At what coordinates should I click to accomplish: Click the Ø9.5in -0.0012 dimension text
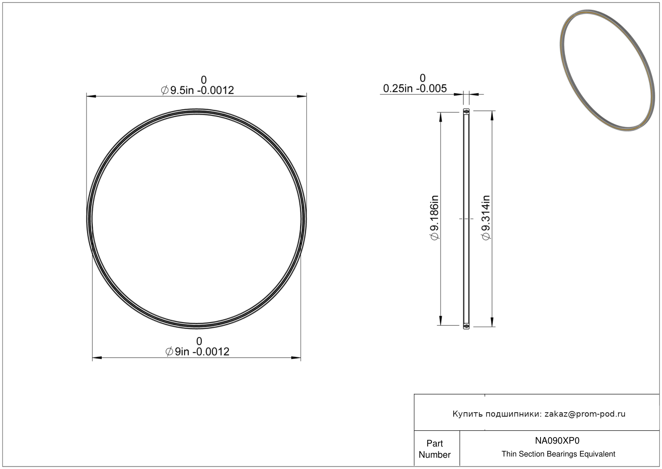point(197,90)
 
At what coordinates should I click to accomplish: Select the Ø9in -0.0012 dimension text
point(197,351)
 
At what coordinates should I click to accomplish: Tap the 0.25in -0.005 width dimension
point(415,89)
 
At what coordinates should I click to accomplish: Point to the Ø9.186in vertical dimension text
point(434,218)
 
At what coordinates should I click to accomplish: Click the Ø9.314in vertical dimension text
point(486,218)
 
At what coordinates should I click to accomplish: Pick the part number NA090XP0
point(557,440)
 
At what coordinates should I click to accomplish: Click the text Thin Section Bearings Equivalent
point(558,454)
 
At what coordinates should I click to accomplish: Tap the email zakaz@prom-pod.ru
point(585,414)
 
